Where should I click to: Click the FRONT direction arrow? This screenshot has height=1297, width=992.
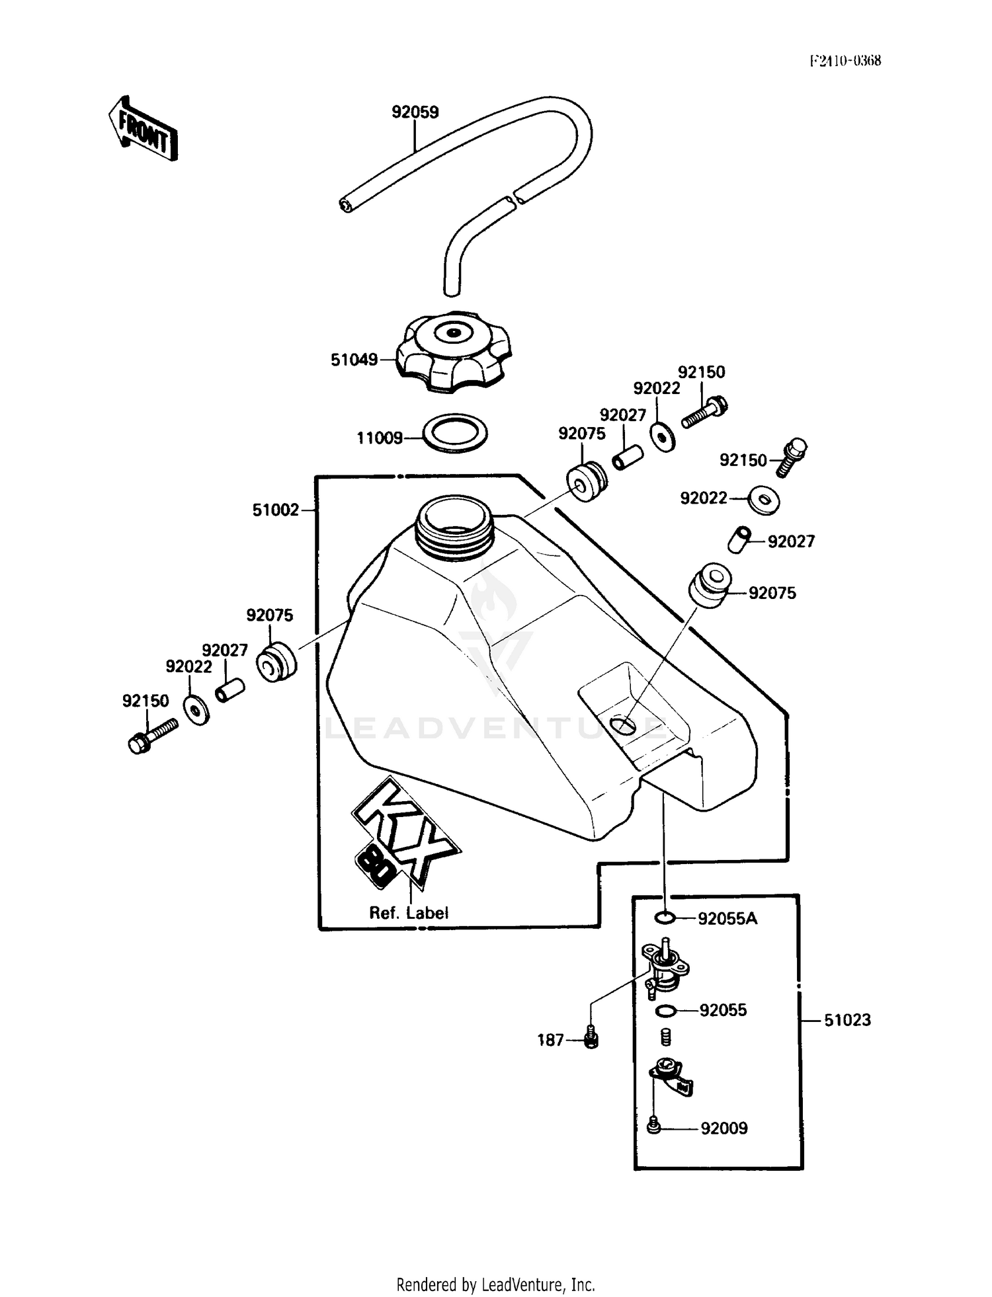[x=143, y=128]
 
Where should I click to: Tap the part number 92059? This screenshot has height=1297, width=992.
[x=415, y=112]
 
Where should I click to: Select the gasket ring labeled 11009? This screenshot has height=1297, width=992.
[x=455, y=434]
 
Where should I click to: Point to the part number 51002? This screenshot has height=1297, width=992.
[x=275, y=510]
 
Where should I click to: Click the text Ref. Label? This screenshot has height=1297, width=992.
[x=408, y=913]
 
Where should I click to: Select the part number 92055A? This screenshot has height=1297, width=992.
[x=727, y=918]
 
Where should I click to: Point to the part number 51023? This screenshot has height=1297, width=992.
[x=847, y=1020]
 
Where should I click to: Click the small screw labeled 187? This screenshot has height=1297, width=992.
[x=591, y=1041]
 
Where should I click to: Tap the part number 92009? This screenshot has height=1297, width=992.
[x=723, y=1128]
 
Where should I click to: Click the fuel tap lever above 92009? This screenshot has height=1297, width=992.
[x=671, y=1078]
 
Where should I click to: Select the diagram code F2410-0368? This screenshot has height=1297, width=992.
[x=845, y=61]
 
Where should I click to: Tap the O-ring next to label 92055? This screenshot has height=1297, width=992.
[x=666, y=1011]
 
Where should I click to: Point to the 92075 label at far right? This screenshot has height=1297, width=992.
[x=772, y=593]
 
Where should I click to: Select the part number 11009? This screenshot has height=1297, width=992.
[x=379, y=438]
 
